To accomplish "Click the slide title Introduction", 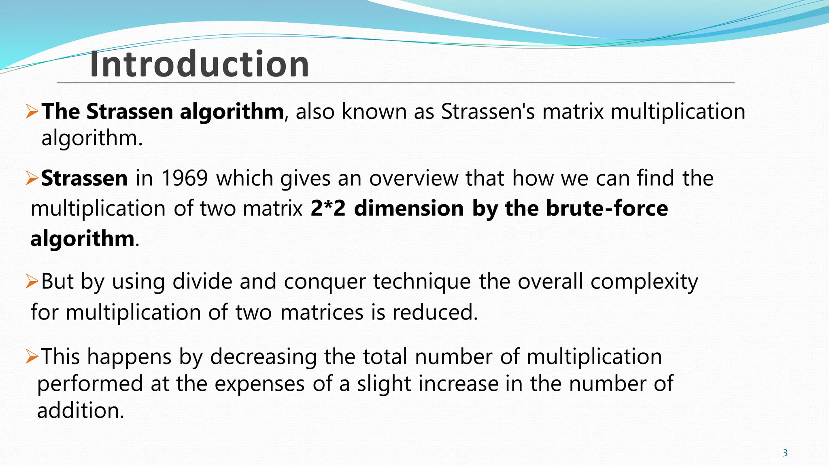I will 199,64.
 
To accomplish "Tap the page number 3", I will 785,453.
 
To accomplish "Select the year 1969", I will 185,178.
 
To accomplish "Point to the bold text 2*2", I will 328,209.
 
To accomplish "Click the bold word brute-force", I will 607,209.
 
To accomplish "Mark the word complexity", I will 644,282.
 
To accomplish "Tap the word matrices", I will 322,312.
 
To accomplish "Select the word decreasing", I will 263,357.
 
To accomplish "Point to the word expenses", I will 259,384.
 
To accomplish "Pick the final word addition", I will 80,411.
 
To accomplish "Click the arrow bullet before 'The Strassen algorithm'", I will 32,111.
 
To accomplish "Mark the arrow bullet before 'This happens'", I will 32,356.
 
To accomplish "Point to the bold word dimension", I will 409,209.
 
